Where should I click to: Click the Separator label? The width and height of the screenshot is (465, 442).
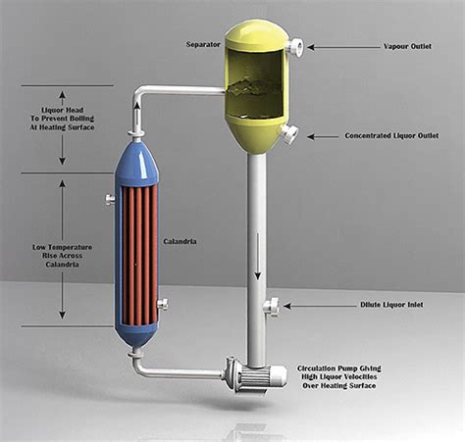click(x=203, y=44)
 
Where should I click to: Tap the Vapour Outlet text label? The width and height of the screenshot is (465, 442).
click(x=407, y=46)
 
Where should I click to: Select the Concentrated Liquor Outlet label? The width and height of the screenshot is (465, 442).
click(x=391, y=135)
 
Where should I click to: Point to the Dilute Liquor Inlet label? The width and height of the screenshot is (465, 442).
click(x=391, y=305)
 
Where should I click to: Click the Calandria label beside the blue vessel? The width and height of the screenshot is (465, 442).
click(x=180, y=242)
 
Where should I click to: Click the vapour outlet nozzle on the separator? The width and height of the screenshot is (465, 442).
click(x=295, y=47)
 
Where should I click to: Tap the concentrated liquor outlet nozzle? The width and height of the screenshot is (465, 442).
click(x=289, y=134)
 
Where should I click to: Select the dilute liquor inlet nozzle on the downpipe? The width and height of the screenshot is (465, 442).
click(x=272, y=307)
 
